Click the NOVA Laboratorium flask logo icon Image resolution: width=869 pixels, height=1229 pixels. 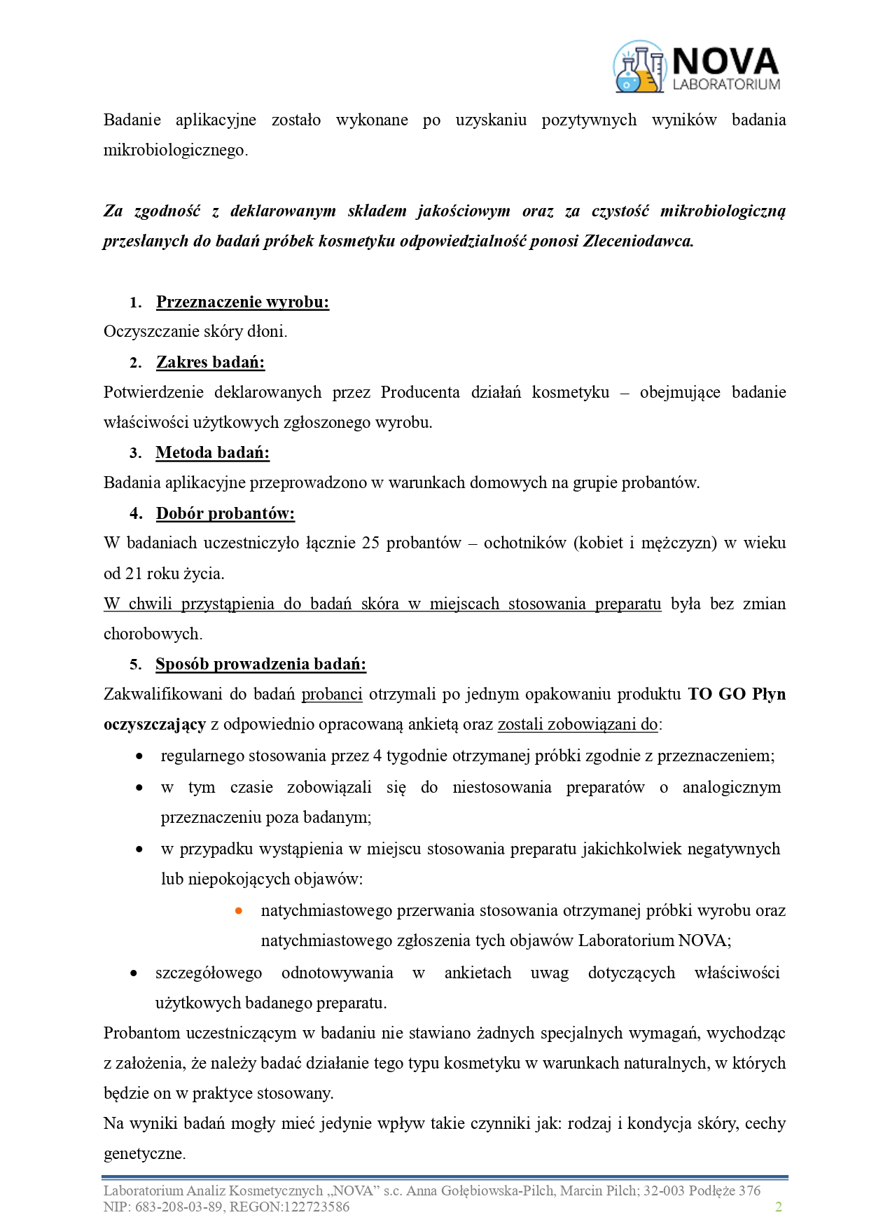[639, 67]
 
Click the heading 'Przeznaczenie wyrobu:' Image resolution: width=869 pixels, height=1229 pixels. [242, 302]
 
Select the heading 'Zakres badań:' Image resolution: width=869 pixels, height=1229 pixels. [210, 362]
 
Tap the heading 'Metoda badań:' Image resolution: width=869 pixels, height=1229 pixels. [212, 452]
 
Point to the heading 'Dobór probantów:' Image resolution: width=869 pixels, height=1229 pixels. [225, 513]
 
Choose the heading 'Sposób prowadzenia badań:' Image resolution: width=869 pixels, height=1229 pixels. [260, 664]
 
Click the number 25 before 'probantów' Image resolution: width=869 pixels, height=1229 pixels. [371, 543]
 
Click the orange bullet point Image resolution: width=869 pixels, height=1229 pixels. [239, 911]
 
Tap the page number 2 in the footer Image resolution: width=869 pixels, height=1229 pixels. [778, 1207]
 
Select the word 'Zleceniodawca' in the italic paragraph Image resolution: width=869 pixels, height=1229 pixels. [637, 241]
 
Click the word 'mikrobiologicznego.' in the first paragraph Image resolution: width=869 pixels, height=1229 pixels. [175, 150]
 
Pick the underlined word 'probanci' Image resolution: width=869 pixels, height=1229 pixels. [332, 694]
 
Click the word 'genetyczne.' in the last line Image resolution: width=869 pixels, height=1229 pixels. [144, 1153]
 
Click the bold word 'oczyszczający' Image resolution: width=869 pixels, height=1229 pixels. [154, 724]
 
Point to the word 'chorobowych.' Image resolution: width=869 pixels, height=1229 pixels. [153, 634]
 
